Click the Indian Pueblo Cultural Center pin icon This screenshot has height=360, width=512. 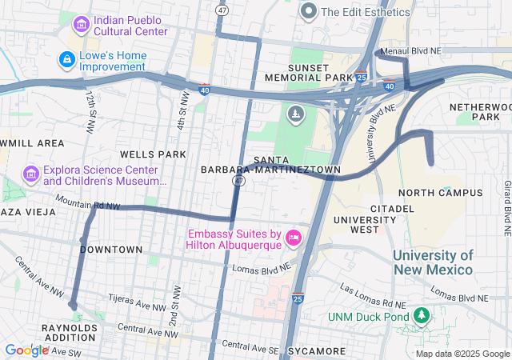point(81,25)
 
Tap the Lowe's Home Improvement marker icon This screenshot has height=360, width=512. point(67,60)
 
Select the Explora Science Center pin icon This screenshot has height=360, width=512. point(31,174)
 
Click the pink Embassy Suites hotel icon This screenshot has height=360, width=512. point(294,238)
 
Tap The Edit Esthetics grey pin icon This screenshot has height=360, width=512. point(309,11)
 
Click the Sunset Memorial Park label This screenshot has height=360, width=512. point(321,71)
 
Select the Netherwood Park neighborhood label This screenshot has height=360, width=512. point(474,111)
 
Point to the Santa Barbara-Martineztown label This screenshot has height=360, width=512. point(270,165)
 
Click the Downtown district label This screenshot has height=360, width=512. point(111,250)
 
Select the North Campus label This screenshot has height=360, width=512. point(440,193)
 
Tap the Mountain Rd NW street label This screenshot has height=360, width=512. point(87,205)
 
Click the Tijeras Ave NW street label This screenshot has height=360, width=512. point(130,307)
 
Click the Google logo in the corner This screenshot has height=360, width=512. point(26,350)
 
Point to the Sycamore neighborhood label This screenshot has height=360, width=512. point(318,351)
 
